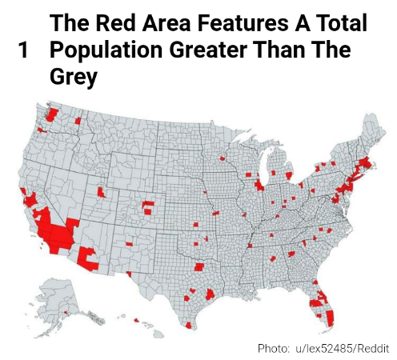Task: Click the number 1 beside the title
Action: [x=23, y=52]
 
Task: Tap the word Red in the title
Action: [x=116, y=23]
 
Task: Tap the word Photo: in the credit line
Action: [x=274, y=348]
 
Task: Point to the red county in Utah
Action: [x=102, y=193]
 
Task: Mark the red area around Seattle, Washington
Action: [x=53, y=114]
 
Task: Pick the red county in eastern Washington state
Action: [x=79, y=121]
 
